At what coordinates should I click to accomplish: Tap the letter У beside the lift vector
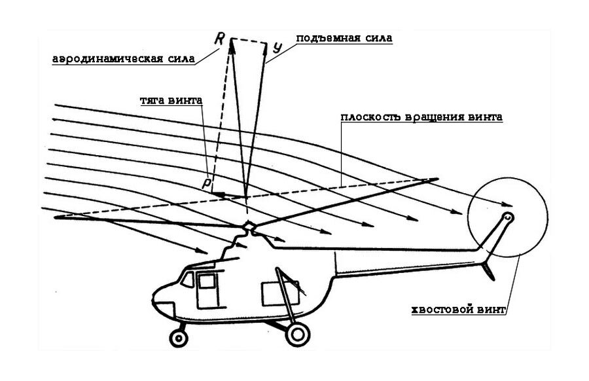tap(277, 48)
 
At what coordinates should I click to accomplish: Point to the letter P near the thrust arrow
tap(206, 185)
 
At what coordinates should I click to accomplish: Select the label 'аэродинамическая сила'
tap(124, 58)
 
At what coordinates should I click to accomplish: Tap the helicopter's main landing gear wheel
tap(296, 334)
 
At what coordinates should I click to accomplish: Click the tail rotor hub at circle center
tap(509, 217)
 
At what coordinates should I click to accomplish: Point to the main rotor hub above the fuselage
tap(249, 227)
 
